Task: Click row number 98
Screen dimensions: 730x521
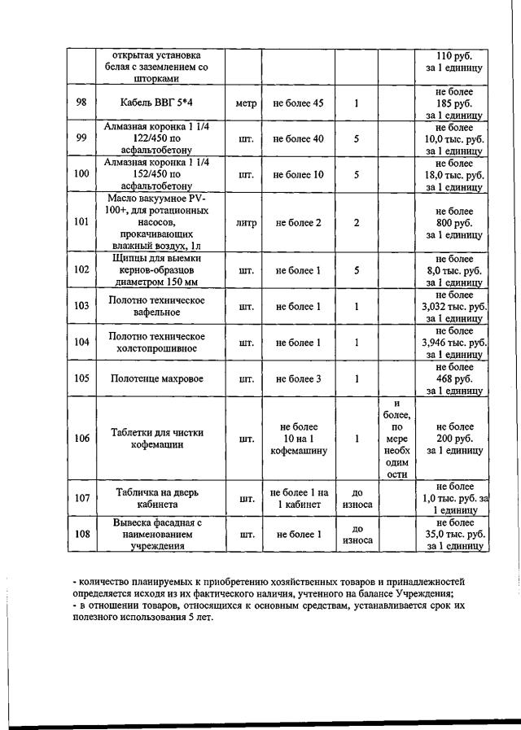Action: coord(81,104)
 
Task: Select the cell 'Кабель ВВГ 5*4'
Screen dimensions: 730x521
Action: coord(155,104)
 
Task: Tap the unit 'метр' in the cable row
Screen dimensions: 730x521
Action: coord(245,104)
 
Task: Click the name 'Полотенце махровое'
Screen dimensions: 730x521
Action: coord(155,379)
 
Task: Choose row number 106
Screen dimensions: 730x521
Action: coord(81,439)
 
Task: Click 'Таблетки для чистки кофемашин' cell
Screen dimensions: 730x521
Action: coord(155,439)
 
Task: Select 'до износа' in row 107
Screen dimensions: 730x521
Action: coord(357,499)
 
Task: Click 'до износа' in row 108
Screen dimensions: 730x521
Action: coord(357,535)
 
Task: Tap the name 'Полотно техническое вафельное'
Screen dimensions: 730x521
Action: coord(155,307)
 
